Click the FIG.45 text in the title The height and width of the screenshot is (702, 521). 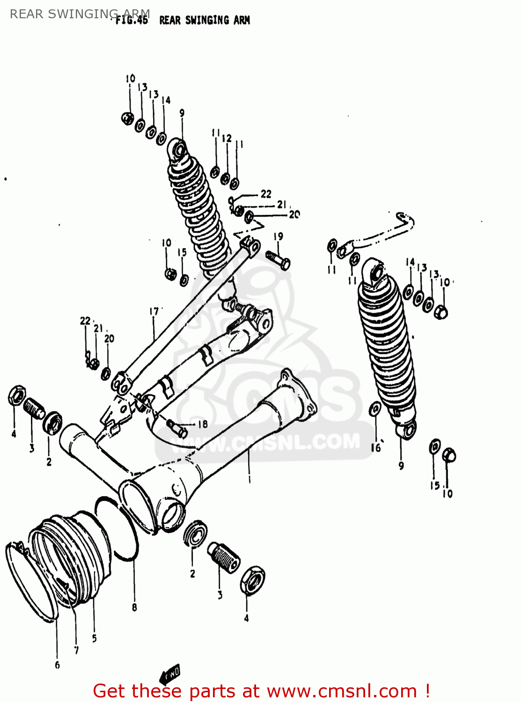click(x=132, y=20)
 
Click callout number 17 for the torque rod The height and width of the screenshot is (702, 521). click(x=154, y=311)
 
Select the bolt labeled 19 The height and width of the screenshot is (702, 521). click(x=278, y=259)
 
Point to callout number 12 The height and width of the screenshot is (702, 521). click(x=227, y=139)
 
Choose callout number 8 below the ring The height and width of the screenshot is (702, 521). click(x=134, y=607)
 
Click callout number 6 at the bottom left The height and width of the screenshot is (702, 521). click(x=57, y=665)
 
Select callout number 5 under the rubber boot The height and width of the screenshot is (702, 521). click(x=95, y=638)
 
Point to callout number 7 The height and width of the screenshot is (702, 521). click(x=76, y=650)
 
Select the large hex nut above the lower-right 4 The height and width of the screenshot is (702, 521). click(x=252, y=580)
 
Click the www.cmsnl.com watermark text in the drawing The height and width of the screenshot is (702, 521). click(x=267, y=442)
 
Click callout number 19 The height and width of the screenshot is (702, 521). click(x=278, y=236)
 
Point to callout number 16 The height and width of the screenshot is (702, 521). click(x=376, y=447)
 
